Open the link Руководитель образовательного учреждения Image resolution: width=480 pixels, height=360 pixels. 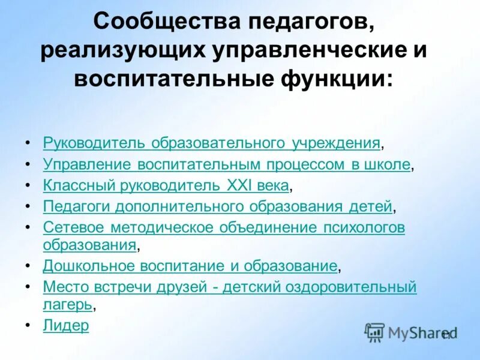pyautogui.click(x=212, y=143)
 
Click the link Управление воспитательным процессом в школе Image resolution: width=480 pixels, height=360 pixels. pyautogui.click(x=227, y=164)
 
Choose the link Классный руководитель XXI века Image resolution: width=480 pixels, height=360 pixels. pyautogui.click(x=166, y=185)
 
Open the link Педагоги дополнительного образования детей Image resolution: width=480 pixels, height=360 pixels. pyautogui.click(x=218, y=206)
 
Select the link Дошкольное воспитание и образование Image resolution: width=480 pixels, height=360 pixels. pyautogui.click(x=190, y=265)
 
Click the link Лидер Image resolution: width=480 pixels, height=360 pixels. pyautogui.click(x=66, y=326)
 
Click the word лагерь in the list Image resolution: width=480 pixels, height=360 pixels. pyautogui.click(x=67, y=304)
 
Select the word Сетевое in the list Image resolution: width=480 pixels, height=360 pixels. pyautogui.click(x=70, y=228)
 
